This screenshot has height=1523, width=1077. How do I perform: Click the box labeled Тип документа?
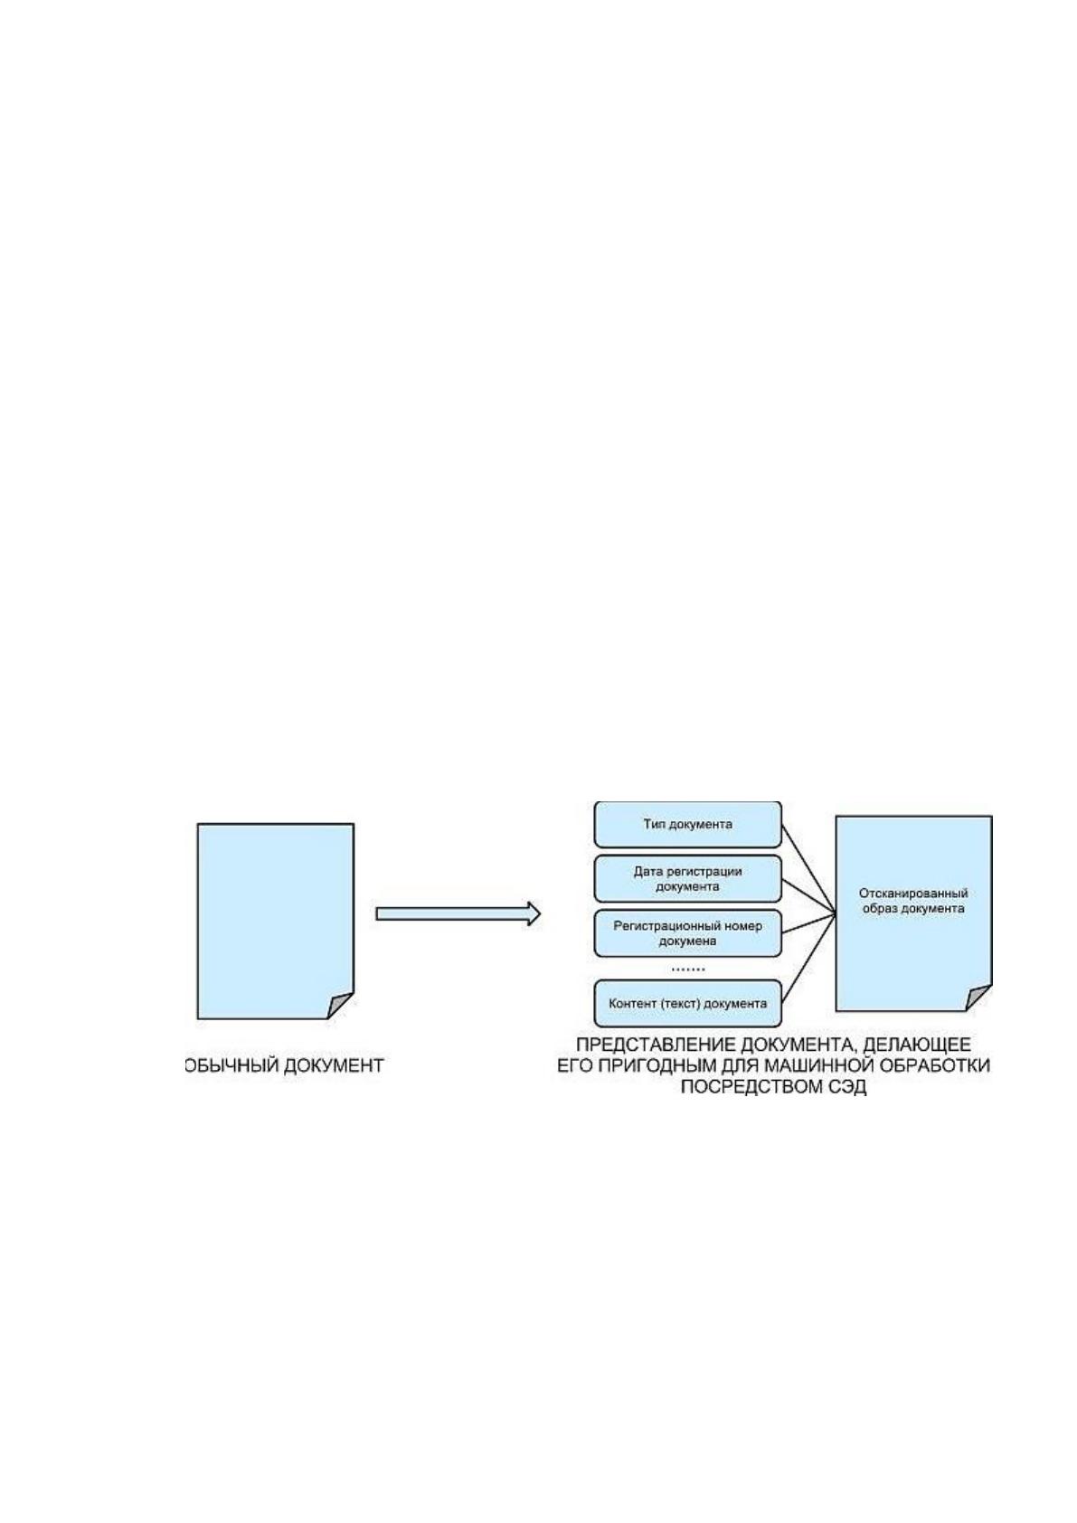point(687,824)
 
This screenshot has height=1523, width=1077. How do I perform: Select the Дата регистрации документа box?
point(687,878)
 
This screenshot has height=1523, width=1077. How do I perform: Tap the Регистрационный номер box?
point(687,932)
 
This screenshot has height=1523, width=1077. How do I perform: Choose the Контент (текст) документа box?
point(687,1003)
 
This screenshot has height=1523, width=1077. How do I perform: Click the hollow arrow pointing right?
point(458,913)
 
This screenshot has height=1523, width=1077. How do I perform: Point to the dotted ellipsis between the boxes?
point(688,970)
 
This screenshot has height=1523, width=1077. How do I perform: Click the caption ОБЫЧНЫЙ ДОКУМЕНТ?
point(284,1065)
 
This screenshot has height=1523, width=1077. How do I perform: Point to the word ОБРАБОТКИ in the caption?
point(934,1065)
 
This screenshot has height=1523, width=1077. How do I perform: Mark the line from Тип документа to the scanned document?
point(808,869)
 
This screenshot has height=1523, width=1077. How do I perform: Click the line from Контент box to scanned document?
point(808,959)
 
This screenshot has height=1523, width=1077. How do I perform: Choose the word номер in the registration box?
point(744,926)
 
